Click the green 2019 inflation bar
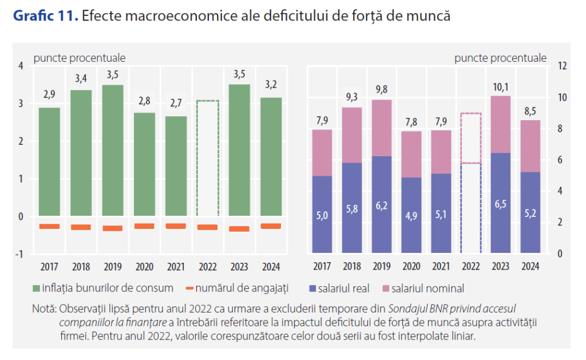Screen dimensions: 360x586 click(113, 151)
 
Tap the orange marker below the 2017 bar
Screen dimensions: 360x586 click(50, 226)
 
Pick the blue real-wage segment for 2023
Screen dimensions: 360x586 click(500, 203)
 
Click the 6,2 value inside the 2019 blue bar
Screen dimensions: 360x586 click(382, 204)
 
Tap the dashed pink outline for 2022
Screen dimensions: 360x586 click(470, 138)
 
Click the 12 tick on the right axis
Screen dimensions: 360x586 click(562, 66)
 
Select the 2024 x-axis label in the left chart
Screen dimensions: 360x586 click(271, 266)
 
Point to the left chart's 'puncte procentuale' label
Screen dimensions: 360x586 click(80, 57)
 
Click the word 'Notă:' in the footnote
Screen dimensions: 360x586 click(44, 309)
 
